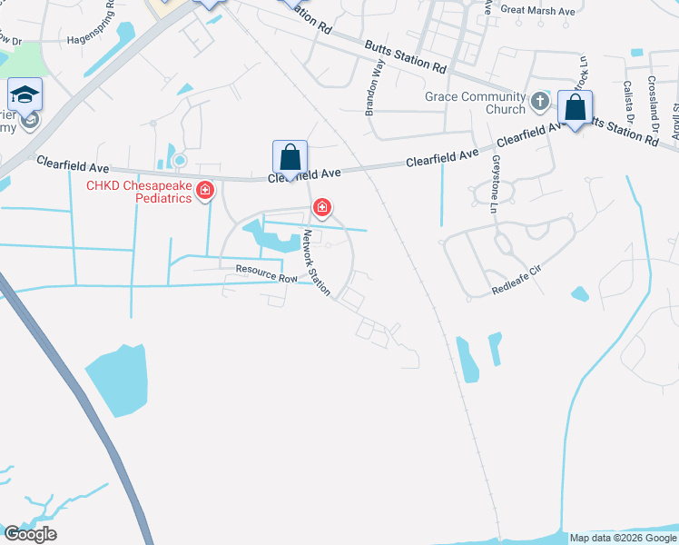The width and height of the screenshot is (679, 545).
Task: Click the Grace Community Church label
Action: tap(475, 103)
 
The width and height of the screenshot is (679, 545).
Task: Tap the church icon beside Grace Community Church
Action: tap(540, 101)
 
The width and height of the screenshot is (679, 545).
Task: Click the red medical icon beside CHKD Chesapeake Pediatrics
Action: tap(206, 191)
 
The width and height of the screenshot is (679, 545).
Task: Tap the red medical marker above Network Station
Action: tap(321, 208)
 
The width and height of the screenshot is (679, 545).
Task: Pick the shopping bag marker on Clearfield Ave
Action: tap(290, 157)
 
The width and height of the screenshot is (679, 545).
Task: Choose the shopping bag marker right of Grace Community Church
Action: tap(576, 108)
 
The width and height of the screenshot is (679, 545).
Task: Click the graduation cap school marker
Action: tap(25, 94)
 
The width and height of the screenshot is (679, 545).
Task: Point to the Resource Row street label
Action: tap(267, 272)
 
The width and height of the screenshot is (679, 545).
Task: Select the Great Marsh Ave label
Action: tap(538, 11)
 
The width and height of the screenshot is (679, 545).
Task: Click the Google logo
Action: tap(30, 534)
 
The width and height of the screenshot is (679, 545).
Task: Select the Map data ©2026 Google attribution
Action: tap(623, 538)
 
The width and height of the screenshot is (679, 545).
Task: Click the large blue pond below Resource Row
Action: tap(116, 379)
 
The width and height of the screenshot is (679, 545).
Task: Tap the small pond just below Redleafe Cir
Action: tap(579, 294)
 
